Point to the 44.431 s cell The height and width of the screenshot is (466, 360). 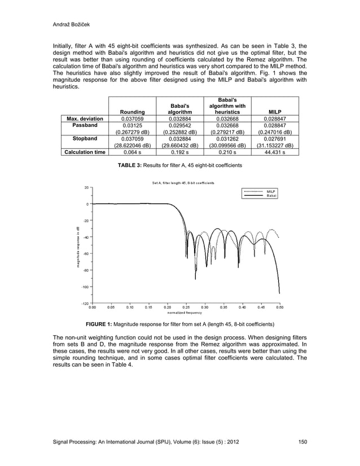275,152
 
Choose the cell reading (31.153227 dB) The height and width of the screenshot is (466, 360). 275,144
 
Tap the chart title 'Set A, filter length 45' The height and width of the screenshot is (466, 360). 183,183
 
